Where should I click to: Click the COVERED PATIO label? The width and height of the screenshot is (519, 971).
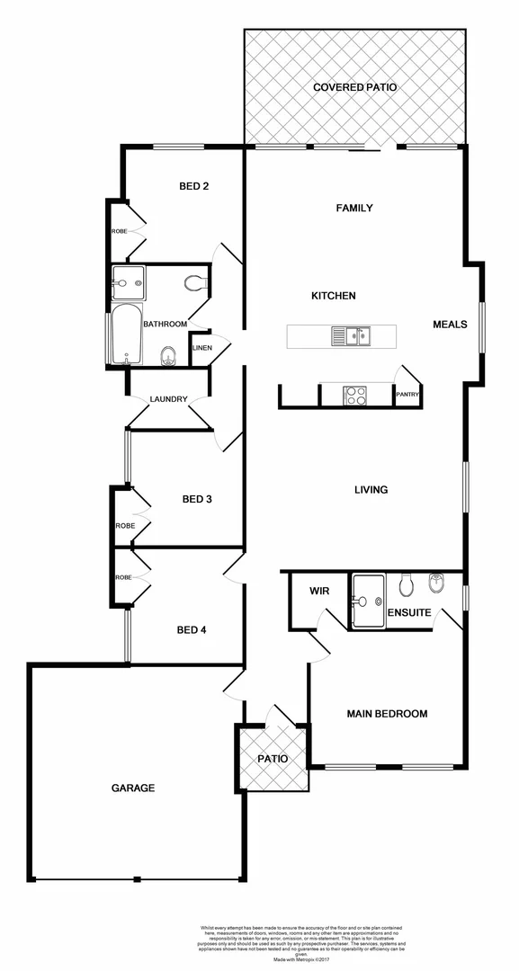[x=354, y=87]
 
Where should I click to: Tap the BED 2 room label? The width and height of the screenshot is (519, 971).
[x=194, y=187]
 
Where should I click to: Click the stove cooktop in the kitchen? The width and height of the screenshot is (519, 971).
[x=355, y=393]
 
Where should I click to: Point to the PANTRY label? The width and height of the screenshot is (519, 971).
[x=408, y=395]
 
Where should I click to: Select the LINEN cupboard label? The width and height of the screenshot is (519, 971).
[x=201, y=348]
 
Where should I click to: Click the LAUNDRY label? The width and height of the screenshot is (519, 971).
[x=168, y=399]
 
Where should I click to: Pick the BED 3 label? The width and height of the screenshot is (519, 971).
[x=197, y=499]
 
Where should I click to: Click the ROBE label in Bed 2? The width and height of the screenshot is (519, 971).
[x=120, y=232]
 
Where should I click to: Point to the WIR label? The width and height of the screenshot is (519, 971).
[x=319, y=592]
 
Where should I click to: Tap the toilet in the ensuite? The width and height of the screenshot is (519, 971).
[x=405, y=585]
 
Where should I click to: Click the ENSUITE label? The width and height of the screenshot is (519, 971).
[x=409, y=613]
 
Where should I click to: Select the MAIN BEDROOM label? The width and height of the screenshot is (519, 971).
[x=387, y=714]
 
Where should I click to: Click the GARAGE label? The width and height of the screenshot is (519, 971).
[x=133, y=788]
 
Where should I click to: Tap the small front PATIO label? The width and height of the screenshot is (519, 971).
[x=272, y=759]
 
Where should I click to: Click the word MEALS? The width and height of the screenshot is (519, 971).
[x=450, y=325]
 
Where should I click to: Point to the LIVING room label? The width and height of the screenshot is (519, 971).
[x=371, y=490]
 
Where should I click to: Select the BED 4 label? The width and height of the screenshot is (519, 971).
[x=192, y=630]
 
